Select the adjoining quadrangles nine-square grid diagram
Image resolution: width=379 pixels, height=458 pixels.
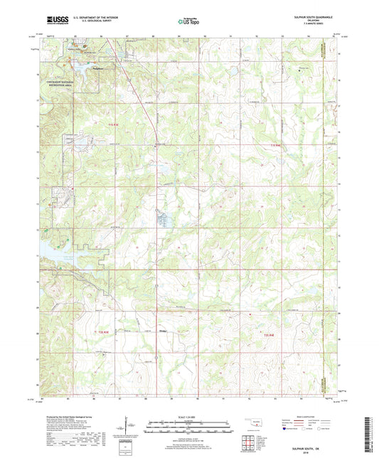(x=250, y=442)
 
